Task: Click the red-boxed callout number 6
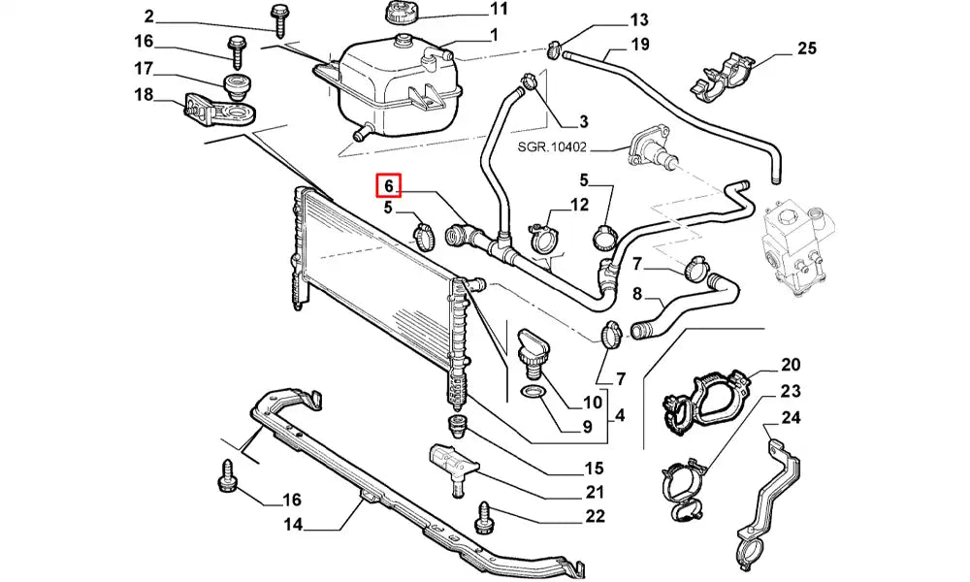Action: tap(388, 184)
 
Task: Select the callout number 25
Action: tap(807, 48)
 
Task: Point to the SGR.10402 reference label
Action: tap(552, 148)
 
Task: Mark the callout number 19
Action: tap(640, 44)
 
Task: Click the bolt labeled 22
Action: tap(485, 514)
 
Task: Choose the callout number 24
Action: tap(791, 419)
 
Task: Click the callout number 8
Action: tap(637, 294)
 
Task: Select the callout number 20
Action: tap(791, 365)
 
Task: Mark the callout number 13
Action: tap(638, 19)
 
